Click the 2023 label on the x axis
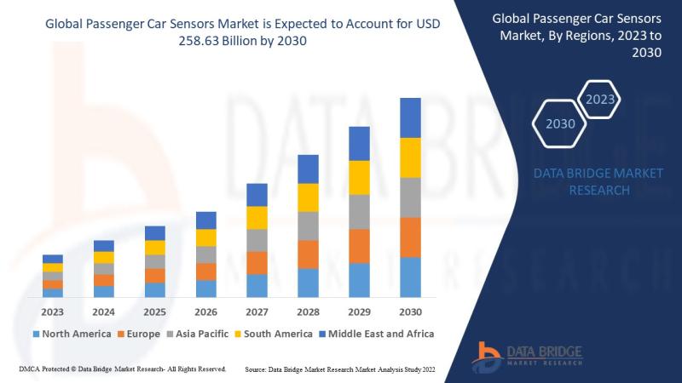point(53,312)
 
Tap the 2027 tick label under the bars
point(257,312)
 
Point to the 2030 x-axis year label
point(410,312)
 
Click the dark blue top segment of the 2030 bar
point(410,117)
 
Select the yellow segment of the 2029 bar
point(359,177)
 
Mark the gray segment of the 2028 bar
point(308,226)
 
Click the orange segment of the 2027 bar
point(257,262)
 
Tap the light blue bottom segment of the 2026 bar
point(205,289)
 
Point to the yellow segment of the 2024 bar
point(104,257)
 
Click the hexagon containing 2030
point(560,124)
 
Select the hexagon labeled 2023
point(600,100)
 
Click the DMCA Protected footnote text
point(121,369)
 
